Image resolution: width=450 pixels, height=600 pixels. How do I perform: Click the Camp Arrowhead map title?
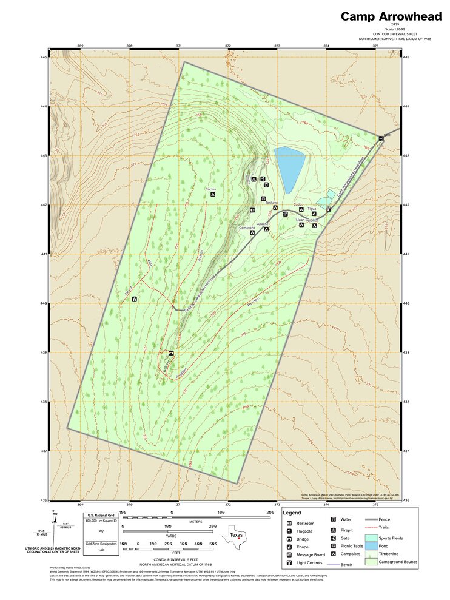[391, 16]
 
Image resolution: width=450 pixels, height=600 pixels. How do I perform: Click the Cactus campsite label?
[211, 189]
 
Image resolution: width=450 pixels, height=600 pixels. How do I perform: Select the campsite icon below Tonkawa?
[275, 207]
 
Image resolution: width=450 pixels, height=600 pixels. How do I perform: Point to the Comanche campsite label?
[247, 228]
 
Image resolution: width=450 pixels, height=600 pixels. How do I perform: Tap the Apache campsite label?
[263, 224]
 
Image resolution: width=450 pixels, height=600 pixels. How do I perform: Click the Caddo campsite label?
[298, 204]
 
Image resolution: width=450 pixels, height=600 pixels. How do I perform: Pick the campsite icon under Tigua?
[314, 214]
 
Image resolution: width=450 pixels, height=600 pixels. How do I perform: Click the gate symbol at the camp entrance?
[381, 139]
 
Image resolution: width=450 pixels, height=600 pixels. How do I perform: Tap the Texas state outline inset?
[236, 536]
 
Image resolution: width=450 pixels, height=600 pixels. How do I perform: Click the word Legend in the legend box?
[292, 513]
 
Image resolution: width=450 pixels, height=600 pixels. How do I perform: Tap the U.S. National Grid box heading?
[101, 515]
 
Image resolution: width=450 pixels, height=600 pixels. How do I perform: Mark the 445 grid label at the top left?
[43, 57]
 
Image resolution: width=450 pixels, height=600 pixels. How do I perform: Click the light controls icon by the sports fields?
[328, 209]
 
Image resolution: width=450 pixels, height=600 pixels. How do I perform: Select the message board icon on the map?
[286, 214]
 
